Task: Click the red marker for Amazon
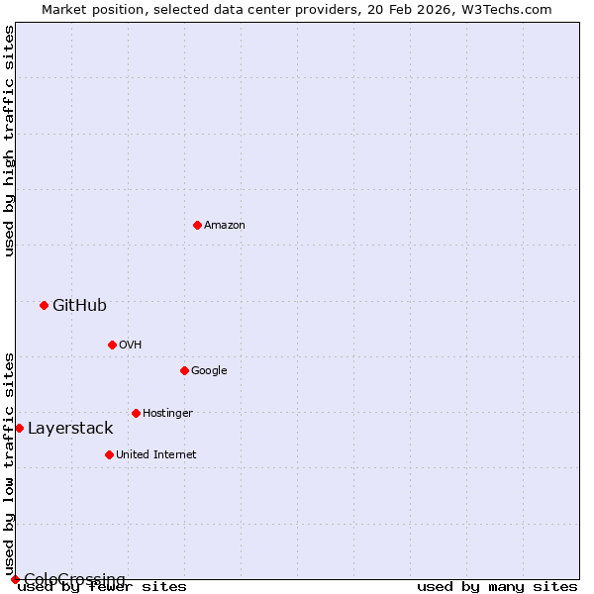[197, 225]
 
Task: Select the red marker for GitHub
[44, 305]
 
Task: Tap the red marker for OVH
[112, 345]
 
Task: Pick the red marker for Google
[184, 370]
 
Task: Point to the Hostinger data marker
[136, 413]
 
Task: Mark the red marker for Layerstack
[19, 428]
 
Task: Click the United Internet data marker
[109, 454]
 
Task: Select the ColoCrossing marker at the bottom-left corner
[15, 579]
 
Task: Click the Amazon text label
[225, 226]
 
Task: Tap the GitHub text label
[79, 305]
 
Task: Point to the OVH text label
[130, 345]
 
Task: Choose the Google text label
[209, 370]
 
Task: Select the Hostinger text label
[167, 413]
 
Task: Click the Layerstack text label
[70, 428]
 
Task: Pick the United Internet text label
[155, 454]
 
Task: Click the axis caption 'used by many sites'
[497, 587]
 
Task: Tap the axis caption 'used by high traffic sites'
[9, 142]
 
